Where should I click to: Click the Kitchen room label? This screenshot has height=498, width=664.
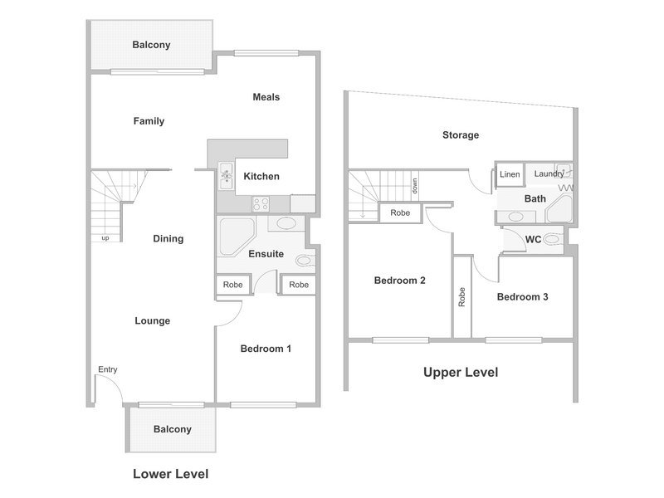pos(261,176)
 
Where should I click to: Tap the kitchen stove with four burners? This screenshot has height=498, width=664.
pos(261,203)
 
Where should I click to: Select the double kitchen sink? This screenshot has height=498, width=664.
pos(226,176)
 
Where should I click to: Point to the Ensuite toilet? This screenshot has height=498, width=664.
pos(305,260)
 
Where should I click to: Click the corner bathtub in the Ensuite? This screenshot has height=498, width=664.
pos(236,237)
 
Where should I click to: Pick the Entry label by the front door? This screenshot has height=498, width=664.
pos(108,369)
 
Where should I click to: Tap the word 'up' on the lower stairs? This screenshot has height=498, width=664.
pos(105,238)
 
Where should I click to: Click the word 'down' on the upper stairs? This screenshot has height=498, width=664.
pos(415,185)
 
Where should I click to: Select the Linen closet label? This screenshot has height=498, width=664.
pos(510,174)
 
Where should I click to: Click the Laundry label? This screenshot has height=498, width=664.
pos(549,173)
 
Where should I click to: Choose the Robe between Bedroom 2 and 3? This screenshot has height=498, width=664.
pos(461,297)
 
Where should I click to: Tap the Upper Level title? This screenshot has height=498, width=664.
pos(461,372)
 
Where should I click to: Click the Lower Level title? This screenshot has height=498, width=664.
pos(171,474)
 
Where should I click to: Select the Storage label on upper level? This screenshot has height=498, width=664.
pos(461,135)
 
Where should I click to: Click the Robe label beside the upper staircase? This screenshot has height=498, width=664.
pos(400,212)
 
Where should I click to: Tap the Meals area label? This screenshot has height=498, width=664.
pos(266,97)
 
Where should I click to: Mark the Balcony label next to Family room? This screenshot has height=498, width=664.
pos(151,45)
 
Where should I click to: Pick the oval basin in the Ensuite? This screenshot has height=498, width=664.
pos(286,223)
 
